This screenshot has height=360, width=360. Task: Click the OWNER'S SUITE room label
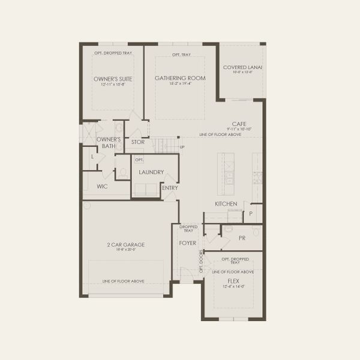click(113, 79)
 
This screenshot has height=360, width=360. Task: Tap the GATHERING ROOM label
click(180, 78)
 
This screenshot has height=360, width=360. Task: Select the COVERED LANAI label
click(242, 67)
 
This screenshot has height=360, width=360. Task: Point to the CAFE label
click(239, 124)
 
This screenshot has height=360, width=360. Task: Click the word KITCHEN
click(226, 204)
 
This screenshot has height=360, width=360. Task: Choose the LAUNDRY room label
click(151, 172)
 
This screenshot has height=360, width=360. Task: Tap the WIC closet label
click(102, 187)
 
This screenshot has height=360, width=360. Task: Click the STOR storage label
click(138, 142)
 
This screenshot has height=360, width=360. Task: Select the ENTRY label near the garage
click(170, 188)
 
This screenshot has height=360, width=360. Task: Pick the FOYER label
click(188, 243)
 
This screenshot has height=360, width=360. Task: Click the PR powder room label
click(242, 238)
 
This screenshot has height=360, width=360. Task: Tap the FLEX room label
click(233, 281)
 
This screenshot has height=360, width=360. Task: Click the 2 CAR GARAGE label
click(126, 245)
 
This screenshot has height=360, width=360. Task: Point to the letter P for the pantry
click(251, 213)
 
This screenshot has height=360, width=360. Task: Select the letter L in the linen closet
click(92, 157)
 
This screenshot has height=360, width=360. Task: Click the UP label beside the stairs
click(182, 147)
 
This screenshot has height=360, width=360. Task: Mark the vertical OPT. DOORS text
click(201, 260)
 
